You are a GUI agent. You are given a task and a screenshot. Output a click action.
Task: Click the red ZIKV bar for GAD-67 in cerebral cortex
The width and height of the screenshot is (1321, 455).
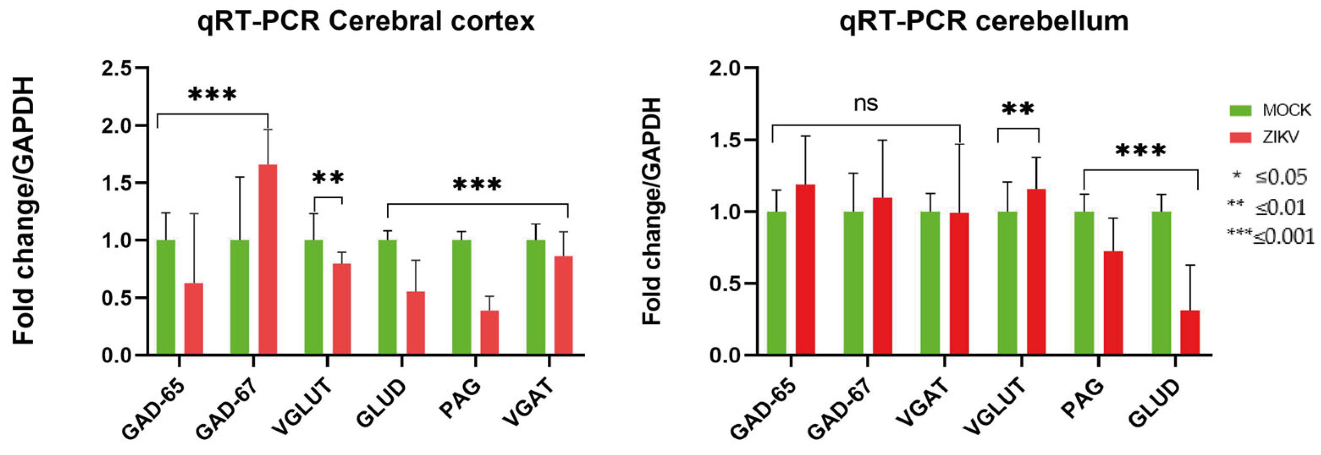[268, 259]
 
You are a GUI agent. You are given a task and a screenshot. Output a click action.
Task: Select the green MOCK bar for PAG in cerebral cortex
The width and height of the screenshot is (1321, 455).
[461, 297]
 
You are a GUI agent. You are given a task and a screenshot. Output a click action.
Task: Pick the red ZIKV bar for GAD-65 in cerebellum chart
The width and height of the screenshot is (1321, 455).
[806, 269]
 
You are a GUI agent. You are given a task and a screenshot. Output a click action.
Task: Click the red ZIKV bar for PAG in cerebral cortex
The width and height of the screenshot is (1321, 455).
[489, 332]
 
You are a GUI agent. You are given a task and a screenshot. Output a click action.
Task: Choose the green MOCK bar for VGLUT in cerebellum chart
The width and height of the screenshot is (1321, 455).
[1008, 283]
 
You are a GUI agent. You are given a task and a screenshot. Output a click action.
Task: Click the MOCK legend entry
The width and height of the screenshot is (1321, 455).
[1270, 110]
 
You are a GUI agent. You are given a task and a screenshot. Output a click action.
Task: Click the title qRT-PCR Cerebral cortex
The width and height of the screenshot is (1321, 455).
[366, 22]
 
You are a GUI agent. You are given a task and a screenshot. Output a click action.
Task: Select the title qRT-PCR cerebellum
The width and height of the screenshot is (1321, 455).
[984, 22]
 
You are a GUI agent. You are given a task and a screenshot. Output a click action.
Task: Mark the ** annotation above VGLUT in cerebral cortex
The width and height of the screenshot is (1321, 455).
[328, 179]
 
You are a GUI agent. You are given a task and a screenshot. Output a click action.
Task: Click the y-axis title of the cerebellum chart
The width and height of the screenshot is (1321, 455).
[653, 211]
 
